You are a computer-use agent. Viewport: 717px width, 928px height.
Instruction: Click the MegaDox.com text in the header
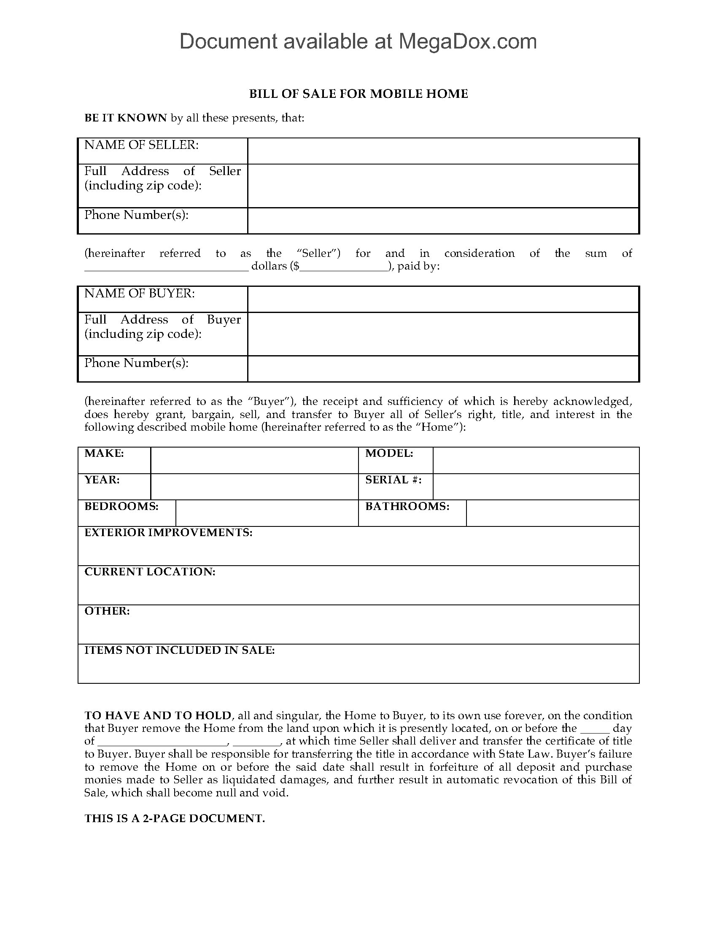tap(467, 42)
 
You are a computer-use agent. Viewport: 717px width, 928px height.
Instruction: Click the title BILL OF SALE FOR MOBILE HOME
tap(358, 94)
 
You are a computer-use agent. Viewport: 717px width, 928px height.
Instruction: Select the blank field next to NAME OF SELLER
tap(443, 151)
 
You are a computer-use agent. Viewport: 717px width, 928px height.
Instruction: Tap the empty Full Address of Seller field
tap(443, 186)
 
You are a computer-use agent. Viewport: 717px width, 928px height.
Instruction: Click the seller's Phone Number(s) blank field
tap(443, 221)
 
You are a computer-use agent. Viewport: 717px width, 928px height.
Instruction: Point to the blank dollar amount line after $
tap(345, 267)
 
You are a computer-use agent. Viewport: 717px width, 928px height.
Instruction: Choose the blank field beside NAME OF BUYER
tap(443, 299)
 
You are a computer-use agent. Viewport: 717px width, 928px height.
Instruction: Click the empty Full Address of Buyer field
tap(443, 334)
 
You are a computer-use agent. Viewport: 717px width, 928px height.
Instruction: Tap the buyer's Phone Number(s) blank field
tap(443, 369)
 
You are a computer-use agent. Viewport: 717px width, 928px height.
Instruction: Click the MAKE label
tap(104, 453)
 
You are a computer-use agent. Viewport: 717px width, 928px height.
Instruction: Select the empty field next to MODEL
tap(536, 460)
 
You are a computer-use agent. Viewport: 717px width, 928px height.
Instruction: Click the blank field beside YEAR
tap(254, 486)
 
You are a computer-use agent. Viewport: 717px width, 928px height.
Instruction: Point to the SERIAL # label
tap(394, 480)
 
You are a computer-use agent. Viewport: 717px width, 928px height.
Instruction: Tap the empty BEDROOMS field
tap(266, 513)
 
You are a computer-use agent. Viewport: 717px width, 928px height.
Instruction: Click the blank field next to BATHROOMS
tap(552, 513)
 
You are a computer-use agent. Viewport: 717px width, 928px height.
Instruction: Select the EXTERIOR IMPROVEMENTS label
tap(168, 533)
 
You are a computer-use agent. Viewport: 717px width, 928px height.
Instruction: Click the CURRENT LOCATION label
tap(150, 572)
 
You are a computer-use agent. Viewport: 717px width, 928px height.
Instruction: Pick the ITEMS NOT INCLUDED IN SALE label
tap(179, 650)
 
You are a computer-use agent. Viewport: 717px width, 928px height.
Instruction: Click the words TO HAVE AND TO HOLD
tap(158, 715)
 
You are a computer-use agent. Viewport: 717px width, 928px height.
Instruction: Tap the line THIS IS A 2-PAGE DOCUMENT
tap(175, 819)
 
